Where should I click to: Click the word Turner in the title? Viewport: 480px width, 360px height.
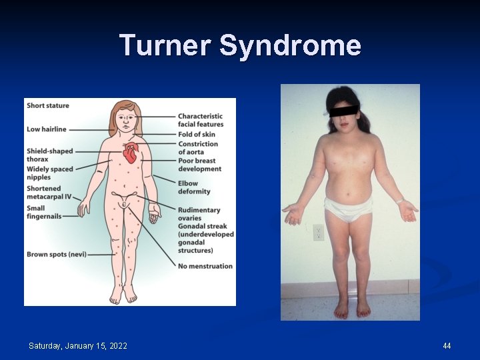tap(165, 46)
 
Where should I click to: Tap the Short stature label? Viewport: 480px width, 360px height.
tap(47, 105)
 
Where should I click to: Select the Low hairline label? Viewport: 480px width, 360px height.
tap(47, 129)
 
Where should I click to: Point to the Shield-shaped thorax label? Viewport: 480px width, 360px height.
tap(50, 155)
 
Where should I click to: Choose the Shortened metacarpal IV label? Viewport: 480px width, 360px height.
tap(49, 193)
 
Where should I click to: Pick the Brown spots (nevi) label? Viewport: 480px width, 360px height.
tap(57, 254)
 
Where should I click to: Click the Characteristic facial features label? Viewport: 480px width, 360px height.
tap(200, 120)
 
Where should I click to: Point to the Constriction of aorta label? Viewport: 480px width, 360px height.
tap(198, 148)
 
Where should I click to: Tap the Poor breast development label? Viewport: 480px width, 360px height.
tap(199, 165)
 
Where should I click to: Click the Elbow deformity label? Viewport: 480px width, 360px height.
tap(193, 187)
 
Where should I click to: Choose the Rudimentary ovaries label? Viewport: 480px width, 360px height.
tap(199, 215)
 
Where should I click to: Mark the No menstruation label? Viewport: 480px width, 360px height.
tap(205, 266)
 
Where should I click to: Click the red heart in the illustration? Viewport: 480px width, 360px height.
tap(131, 154)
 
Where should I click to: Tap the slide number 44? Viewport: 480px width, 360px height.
tap(447, 345)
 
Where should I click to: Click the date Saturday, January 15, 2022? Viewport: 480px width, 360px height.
tap(78, 345)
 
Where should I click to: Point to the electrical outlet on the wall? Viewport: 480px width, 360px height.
tap(318, 233)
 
